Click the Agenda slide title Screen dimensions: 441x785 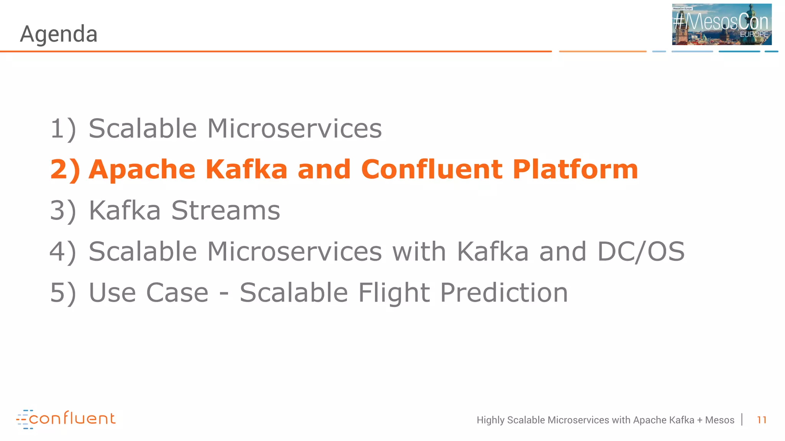pos(59,34)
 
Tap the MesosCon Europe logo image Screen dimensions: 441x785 pos(721,24)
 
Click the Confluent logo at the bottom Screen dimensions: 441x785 pos(66,419)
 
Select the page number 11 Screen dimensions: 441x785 pos(762,420)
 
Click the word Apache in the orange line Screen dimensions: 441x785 pos(142,169)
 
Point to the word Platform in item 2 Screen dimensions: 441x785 pos(575,169)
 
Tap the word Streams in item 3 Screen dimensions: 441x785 pos(225,211)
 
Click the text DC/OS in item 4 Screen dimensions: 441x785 pos(640,252)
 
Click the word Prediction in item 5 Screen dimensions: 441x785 pos(504,293)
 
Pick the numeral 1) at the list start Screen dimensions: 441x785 pos(63,129)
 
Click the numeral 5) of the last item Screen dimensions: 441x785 pos(63,293)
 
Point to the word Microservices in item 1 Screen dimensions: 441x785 pos(294,128)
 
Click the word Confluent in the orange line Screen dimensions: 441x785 pos(432,169)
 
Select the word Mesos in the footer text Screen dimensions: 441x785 pos(719,420)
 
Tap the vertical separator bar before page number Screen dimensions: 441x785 pos(742,420)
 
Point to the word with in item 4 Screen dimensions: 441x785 pos(419,252)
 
